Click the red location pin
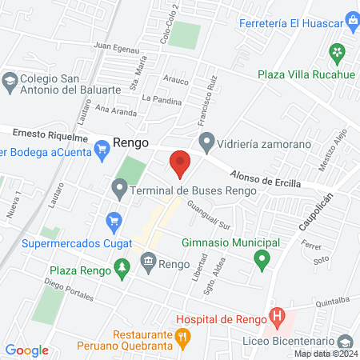tap(180, 163)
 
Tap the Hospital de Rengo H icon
tap(276, 318)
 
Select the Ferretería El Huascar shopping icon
tap(351, 18)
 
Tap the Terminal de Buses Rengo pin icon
tap(120, 190)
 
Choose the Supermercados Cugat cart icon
tap(114, 220)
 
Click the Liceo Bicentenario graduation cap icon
tap(346, 339)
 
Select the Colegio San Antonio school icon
tap(9, 81)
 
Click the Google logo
tap(26, 350)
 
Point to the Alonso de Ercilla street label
tap(266, 178)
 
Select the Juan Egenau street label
tap(116, 47)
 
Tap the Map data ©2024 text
tap(324, 354)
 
